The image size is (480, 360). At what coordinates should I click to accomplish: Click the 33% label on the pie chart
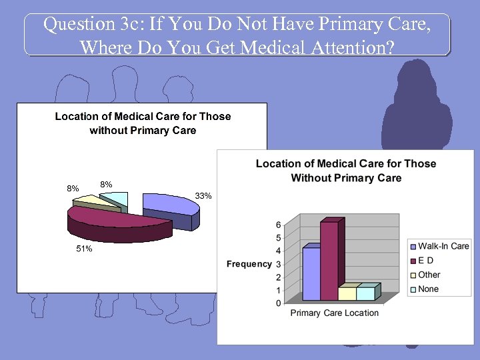click(x=203, y=196)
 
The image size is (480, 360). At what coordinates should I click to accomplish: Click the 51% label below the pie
click(x=84, y=249)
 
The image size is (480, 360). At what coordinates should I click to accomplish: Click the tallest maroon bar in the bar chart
click(x=329, y=260)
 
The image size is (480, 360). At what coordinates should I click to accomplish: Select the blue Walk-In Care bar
click(x=311, y=273)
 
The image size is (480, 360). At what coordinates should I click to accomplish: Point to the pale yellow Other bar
click(x=347, y=293)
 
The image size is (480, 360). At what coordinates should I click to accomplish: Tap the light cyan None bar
click(x=365, y=293)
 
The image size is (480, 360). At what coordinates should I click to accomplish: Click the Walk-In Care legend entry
click(x=443, y=246)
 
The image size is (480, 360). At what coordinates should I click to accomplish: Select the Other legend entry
click(x=429, y=275)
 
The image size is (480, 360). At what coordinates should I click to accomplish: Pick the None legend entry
click(x=428, y=289)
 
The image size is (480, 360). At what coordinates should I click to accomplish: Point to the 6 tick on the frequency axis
click(x=278, y=225)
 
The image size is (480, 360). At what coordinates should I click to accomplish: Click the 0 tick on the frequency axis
click(x=278, y=303)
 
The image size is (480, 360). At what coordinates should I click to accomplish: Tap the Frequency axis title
click(x=249, y=264)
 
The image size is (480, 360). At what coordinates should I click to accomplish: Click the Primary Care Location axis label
click(x=334, y=313)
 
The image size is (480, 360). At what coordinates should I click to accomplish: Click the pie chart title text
click(x=143, y=123)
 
